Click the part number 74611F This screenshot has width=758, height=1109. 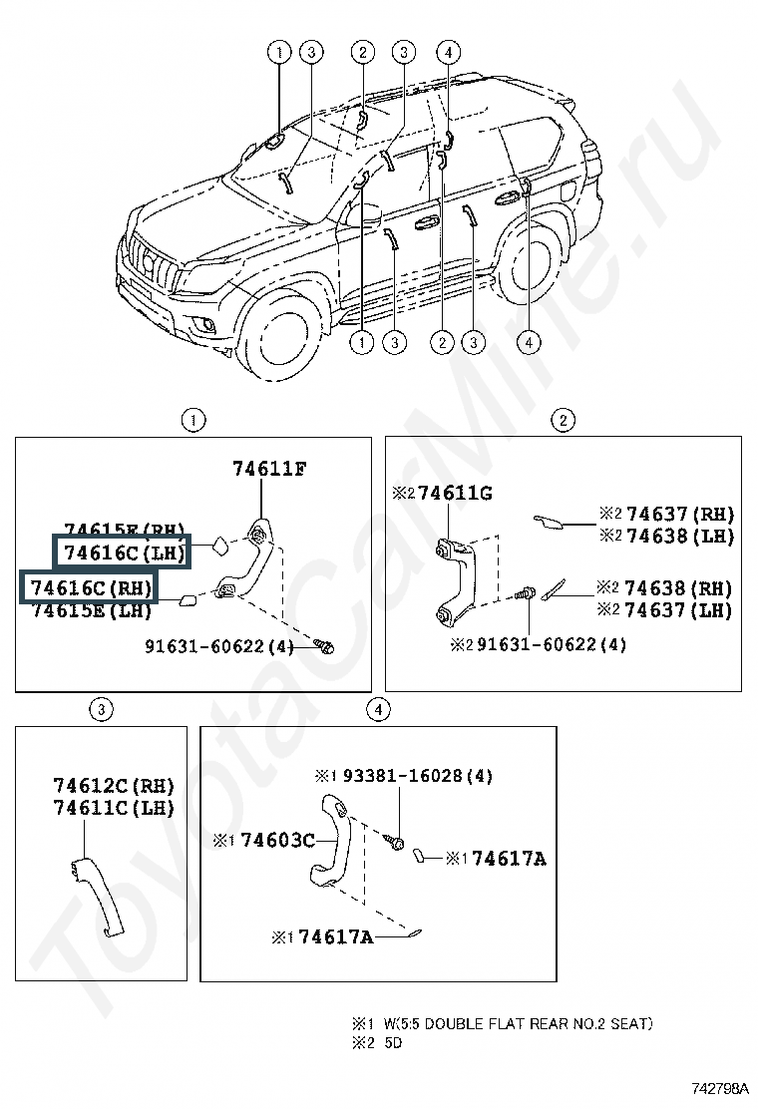pyautogui.click(x=268, y=467)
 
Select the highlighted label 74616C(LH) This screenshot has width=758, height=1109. pyautogui.click(x=123, y=553)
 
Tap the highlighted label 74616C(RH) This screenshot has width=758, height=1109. pyautogui.click(x=91, y=587)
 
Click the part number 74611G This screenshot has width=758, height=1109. pyautogui.click(x=454, y=493)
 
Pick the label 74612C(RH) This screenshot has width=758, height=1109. pyautogui.click(x=114, y=785)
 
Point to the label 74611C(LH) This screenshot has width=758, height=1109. pyautogui.click(x=114, y=808)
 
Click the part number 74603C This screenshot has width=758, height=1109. pyautogui.click(x=276, y=841)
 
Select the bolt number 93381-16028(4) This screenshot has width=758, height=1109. pyautogui.click(x=416, y=775)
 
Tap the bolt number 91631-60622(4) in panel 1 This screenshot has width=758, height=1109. pyautogui.click(x=217, y=646)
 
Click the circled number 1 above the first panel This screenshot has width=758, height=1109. pyautogui.click(x=192, y=420)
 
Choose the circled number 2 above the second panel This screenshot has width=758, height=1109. pyautogui.click(x=563, y=420)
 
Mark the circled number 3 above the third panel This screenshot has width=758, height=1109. pyautogui.click(x=100, y=710)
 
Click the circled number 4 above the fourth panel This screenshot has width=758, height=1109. pyautogui.click(x=377, y=710)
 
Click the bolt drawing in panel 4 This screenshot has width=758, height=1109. pyautogui.click(x=396, y=843)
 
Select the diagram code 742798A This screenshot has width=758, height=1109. pyautogui.click(x=719, y=1088)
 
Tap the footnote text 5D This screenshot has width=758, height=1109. pyautogui.click(x=391, y=1042)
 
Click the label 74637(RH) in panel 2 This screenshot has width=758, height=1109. pyautogui.click(x=679, y=515)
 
